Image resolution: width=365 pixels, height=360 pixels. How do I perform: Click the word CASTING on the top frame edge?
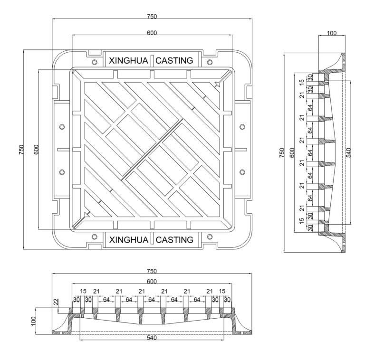(174, 61)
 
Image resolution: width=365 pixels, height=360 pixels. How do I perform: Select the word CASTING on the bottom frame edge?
(174, 240)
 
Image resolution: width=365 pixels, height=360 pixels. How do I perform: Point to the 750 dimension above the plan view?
(152, 16)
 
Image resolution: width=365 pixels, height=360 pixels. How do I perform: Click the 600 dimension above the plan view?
(152, 32)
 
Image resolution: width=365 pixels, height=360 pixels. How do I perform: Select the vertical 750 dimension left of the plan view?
(20, 150)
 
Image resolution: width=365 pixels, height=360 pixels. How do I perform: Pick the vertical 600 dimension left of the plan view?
(36, 150)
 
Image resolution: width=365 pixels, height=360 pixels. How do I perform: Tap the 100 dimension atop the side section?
(331, 33)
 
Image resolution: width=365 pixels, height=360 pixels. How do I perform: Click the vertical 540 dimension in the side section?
(348, 152)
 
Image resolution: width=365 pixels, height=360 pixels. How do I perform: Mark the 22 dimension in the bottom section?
(56, 301)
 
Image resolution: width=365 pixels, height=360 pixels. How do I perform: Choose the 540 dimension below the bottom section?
(152, 338)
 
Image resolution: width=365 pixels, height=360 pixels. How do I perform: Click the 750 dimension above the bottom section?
(152, 271)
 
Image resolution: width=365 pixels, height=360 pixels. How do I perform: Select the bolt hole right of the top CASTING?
(209, 62)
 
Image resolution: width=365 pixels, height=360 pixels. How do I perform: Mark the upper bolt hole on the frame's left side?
(62, 126)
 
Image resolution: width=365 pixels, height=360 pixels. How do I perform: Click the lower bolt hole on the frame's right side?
(242, 171)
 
